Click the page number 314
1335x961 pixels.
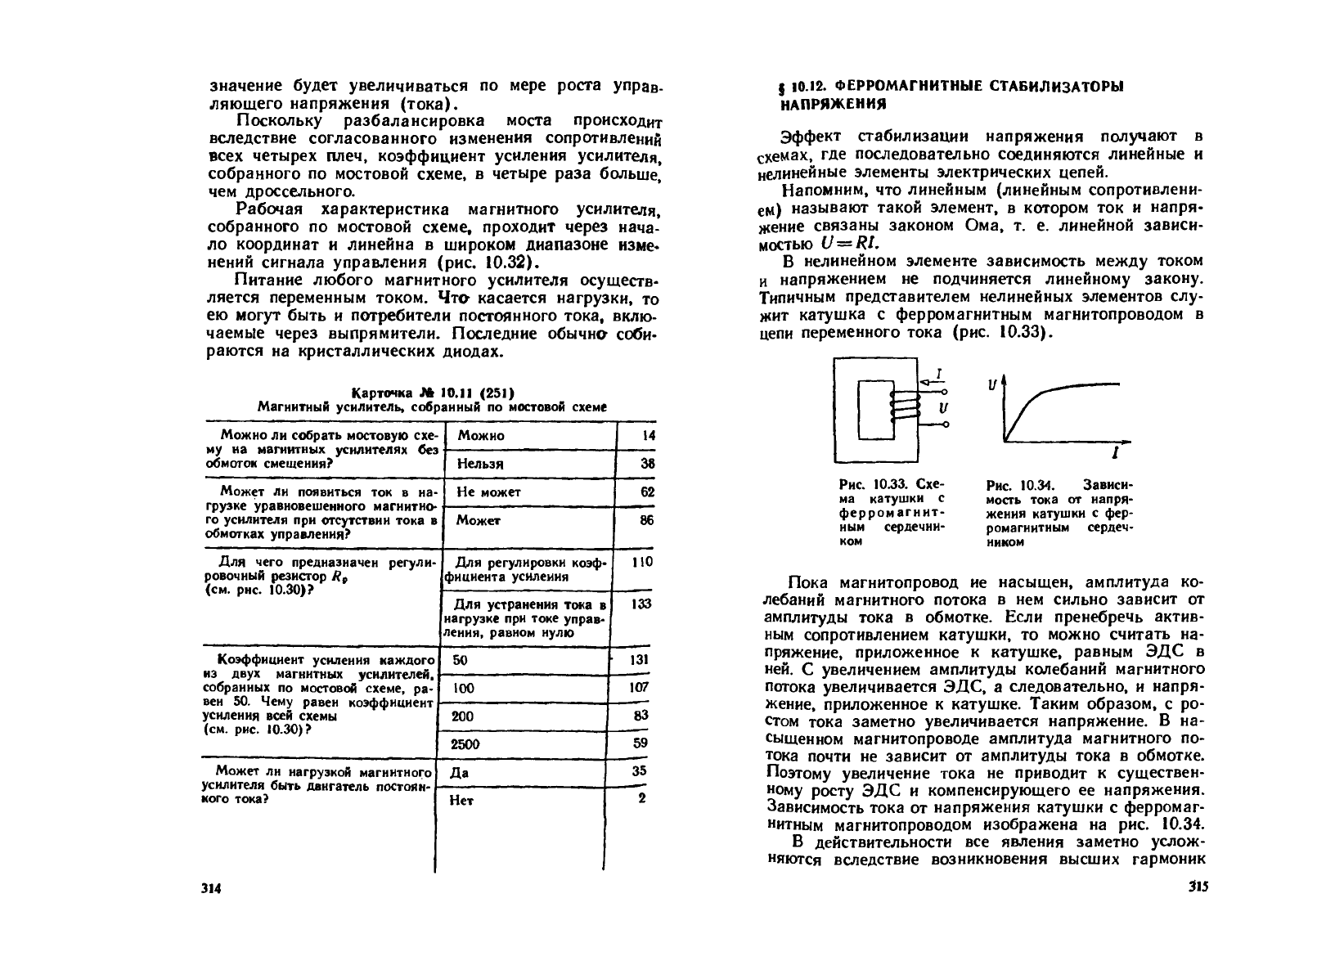[x=212, y=889]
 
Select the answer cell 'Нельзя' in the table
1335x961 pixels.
[x=481, y=464]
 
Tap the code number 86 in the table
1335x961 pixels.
[x=646, y=520]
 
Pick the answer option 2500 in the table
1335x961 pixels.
[x=466, y=744]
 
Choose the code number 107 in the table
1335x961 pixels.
[x=639, y=688]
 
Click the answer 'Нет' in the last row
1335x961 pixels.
[x=462, y=801]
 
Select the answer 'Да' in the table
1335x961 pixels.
[x=459, y=772]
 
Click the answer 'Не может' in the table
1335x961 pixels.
[x=488, y=492]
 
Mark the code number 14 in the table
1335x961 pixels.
[x=648, y=436]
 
